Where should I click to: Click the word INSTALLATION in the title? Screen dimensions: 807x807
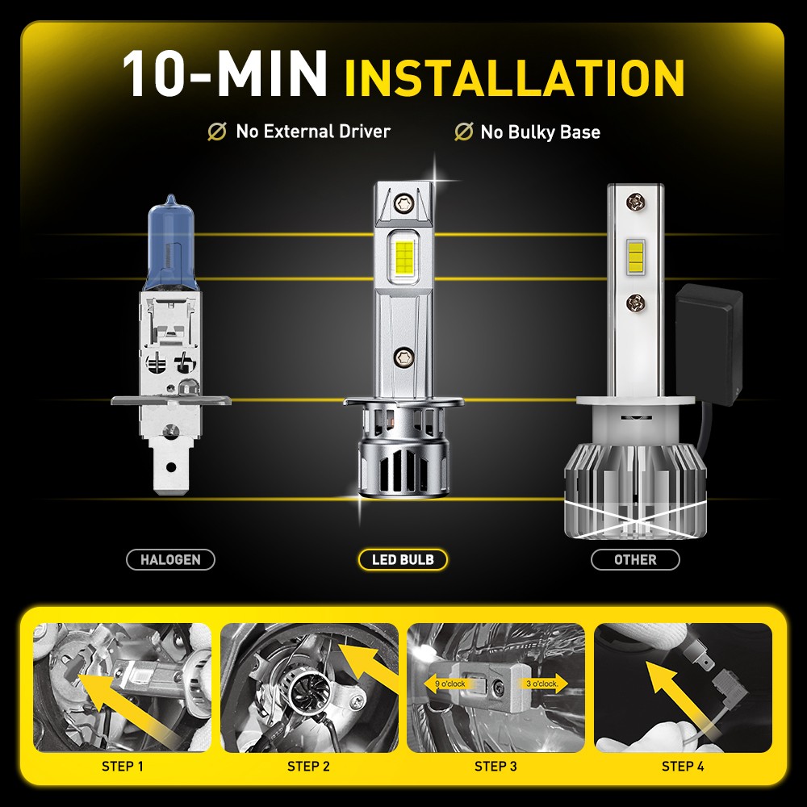coord(514,77)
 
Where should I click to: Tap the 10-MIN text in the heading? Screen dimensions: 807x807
coord(224,74)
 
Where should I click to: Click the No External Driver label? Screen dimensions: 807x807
coord(312,132)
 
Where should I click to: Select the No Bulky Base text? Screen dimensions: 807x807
coord(540,132)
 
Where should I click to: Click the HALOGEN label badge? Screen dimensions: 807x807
coord(170,559)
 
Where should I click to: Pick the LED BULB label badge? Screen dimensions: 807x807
coord(403,559)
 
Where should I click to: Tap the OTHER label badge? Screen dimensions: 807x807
coord(635,559)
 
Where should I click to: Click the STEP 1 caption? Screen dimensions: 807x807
coord(123,766)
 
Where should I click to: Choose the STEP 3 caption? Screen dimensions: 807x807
coord(495,766)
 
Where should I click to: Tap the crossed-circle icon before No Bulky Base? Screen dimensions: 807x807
coord(463,132)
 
